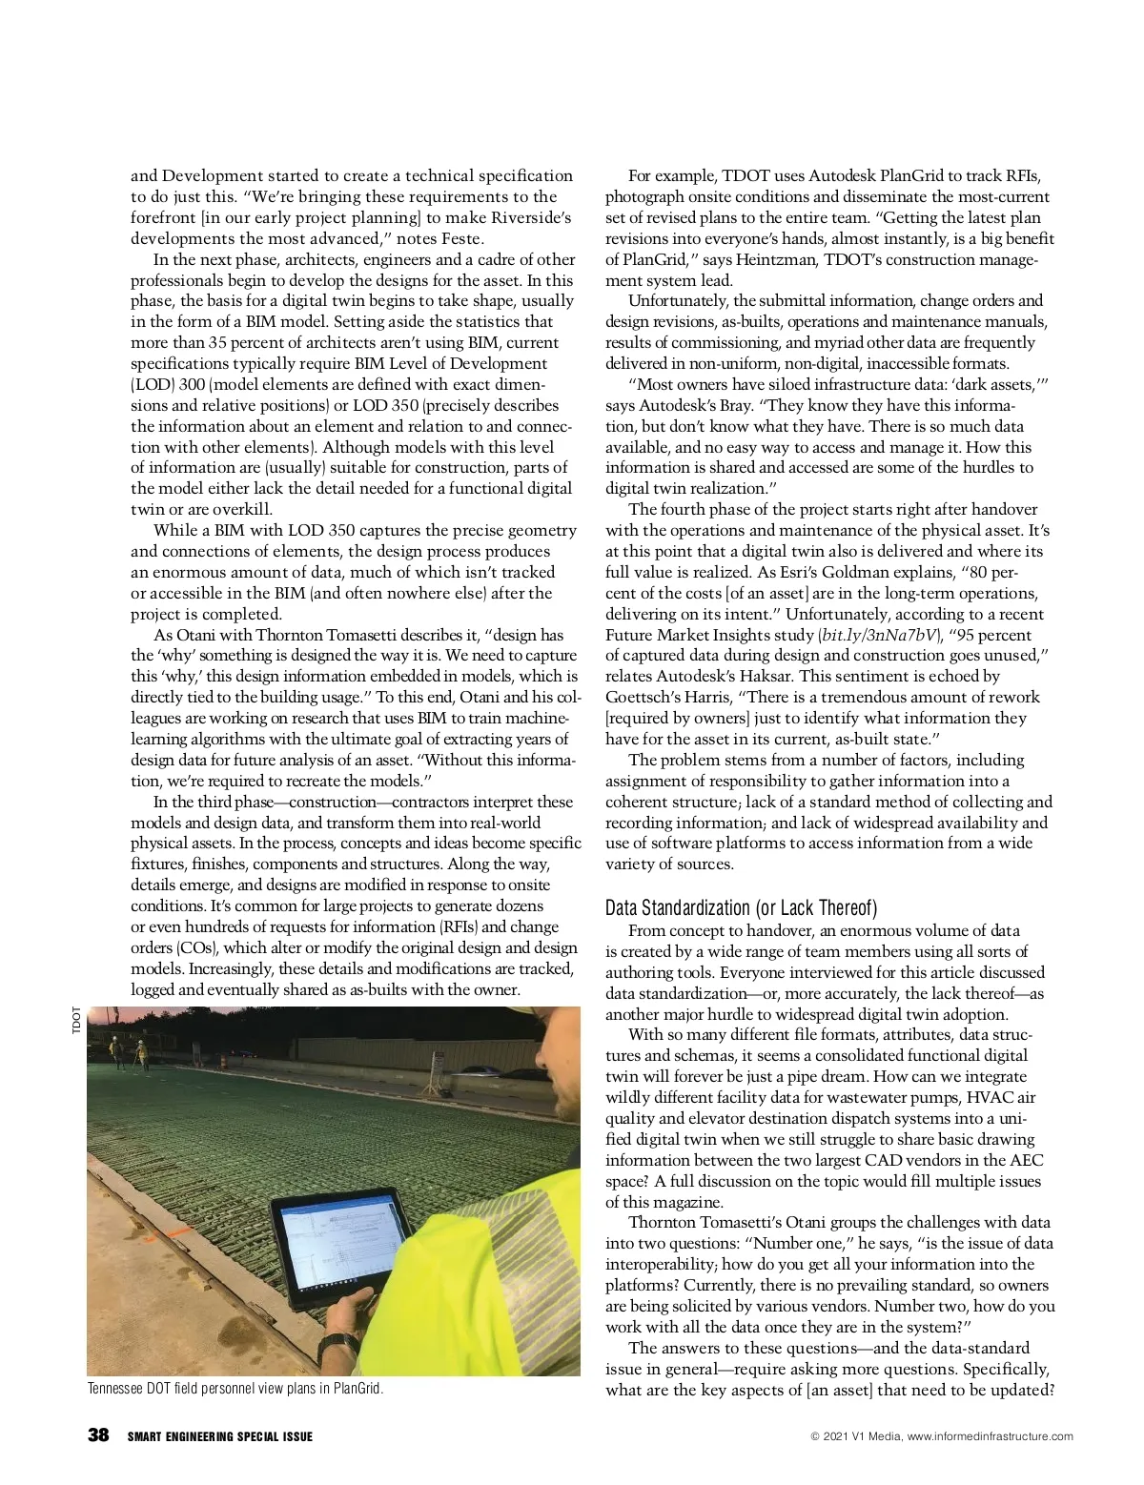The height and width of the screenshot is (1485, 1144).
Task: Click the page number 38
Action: pyautogui.click(x=97, y=1435)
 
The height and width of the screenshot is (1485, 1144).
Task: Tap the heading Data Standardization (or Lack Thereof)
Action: pyautogui.click(x=741, y=906)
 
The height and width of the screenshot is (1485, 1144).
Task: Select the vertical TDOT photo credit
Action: pyautogui.click(x=75, y=1022)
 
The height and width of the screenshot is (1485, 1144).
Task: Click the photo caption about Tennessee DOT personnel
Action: pyautogui.click(x=235, y=1388)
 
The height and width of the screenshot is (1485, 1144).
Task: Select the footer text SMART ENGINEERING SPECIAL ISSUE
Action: pyautogui.click(x=219, y=1436)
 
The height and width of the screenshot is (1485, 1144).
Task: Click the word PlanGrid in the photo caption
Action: pyautogui.click(x=357, y=1388)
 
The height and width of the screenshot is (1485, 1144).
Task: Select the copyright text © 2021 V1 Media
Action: pyautogui.click(x=853, y=1436)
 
